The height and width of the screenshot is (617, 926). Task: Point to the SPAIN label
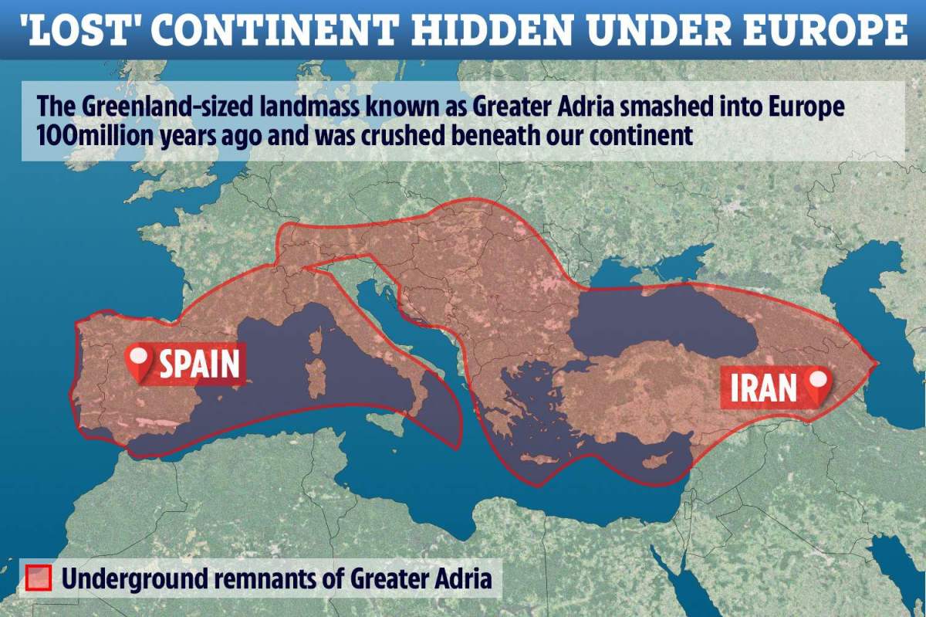[199, 363]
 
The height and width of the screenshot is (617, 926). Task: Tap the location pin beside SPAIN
[139, 364]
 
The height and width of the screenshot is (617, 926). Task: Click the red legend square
[39, 578]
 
